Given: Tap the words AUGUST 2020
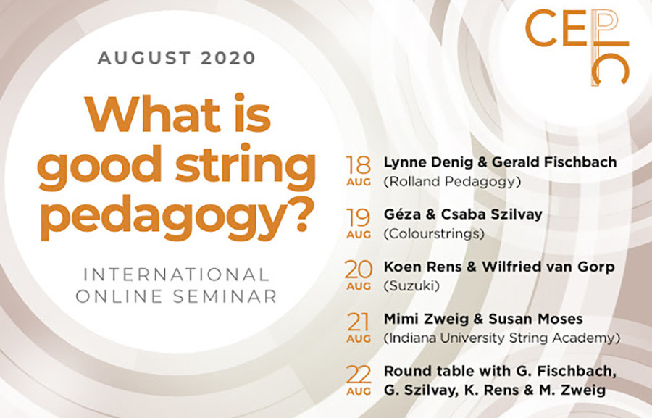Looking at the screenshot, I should tap(177, 59).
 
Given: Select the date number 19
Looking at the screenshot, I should tap(359, 215).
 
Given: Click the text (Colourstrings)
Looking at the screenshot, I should tap(432, 235).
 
